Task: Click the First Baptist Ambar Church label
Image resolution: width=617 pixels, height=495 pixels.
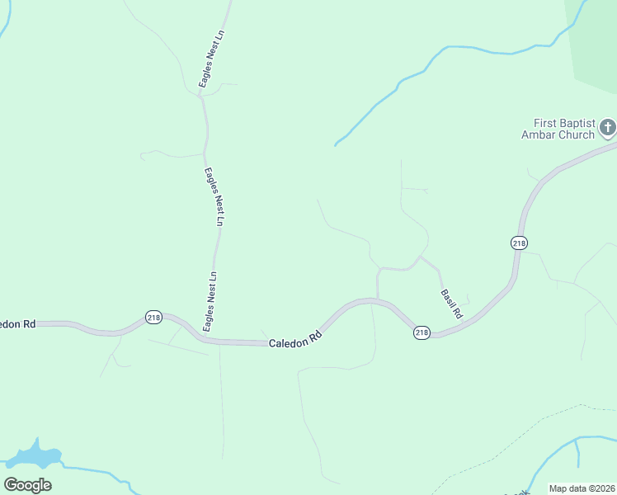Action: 558,128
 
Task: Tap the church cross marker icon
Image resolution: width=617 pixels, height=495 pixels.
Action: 607,127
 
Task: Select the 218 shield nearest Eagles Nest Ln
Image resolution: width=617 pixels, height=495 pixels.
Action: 153,317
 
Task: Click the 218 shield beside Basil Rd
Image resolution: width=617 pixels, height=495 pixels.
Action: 422,332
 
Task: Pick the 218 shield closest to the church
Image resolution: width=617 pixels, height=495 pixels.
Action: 518,243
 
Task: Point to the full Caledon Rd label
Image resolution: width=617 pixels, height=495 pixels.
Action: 294,338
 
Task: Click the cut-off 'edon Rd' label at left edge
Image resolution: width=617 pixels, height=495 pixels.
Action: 17,324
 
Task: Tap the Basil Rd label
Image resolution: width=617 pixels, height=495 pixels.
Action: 451,304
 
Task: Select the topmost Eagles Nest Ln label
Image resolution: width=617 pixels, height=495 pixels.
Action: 211,59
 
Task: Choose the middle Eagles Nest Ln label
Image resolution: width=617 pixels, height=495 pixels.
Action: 214,196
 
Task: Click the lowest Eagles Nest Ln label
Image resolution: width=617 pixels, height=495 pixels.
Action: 210,301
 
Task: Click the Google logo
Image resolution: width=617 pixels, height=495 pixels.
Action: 27,485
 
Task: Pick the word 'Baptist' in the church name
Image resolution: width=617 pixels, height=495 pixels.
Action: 574,121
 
